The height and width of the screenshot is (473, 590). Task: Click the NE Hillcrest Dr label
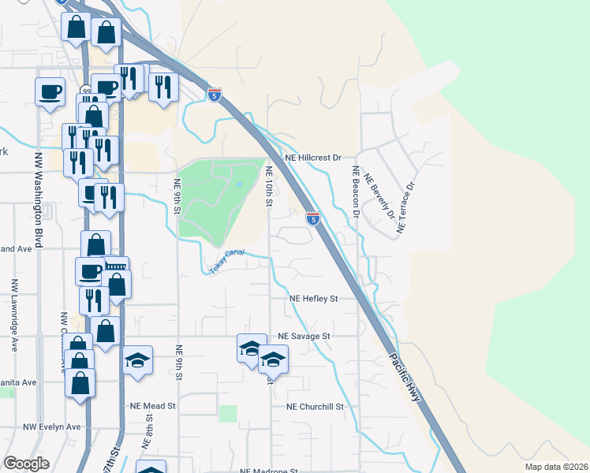(x=313, y=158)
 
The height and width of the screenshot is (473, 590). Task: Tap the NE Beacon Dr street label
(x=357, y=192)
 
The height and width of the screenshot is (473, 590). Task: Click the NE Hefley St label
(x=313, y=299)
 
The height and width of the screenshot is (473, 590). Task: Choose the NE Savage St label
(x=303, y=335)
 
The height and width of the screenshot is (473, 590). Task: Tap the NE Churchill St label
(x=316, y=407)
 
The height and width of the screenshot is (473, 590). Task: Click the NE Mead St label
(x=154, y=406)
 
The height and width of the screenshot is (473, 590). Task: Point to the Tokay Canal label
(x=227, y=263)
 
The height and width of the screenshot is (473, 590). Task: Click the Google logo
(x=26, y=464)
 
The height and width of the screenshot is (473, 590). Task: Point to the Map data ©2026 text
(x=556, y=467)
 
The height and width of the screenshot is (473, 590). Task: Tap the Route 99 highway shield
(x=84, y=91)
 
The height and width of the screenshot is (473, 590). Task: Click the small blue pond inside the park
(x=238, y=184)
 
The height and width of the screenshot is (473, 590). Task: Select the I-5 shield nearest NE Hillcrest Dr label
(x=313, y=218)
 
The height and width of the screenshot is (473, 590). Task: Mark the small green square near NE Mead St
(x=228, y=413)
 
